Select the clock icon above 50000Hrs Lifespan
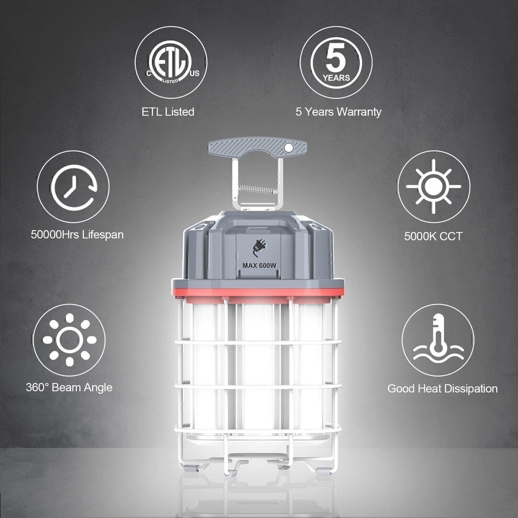74,187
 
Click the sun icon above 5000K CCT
434,186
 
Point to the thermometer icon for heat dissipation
438,340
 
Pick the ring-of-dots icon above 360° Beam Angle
69,340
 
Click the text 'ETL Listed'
168,112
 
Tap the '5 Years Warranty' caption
338,112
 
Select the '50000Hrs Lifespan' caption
77,235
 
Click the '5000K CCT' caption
433,236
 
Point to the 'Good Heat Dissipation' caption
442,388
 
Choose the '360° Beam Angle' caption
69,387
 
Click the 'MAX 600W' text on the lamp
260,265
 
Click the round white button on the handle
289,148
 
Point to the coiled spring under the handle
258,190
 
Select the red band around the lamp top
257,292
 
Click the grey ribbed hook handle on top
257,147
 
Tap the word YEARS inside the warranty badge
336,78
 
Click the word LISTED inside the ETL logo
170,81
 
